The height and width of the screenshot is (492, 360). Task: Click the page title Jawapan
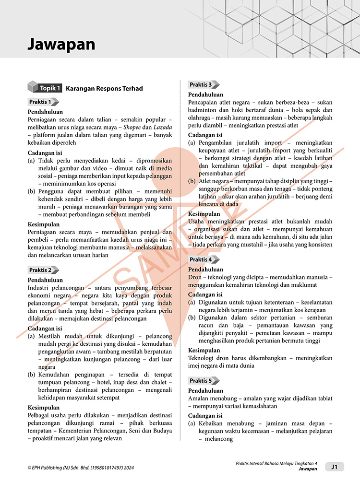pyautogui.click(x=61, y=45)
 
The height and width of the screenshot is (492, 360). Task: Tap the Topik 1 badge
pyautogui.click(x=45, y=88)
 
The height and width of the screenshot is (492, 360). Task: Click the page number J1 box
pyautogui.click(x=334, y=467)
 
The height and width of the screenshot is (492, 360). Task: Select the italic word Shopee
pyautogui.click(x=134, y=127)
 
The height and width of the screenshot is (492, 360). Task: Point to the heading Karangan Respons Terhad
pyautogui.click(x=104, y=88)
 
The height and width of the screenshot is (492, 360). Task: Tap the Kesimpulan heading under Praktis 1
pyautogui.click(x=44, y=224)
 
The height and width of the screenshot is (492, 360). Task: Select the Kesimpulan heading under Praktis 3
pyautogui.click(x=204, y=214)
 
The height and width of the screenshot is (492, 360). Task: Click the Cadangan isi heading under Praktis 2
pyautogui.click(x=45, y=328)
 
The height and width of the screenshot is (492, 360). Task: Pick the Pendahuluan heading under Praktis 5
pyautogui.click(x=205, y=391)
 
